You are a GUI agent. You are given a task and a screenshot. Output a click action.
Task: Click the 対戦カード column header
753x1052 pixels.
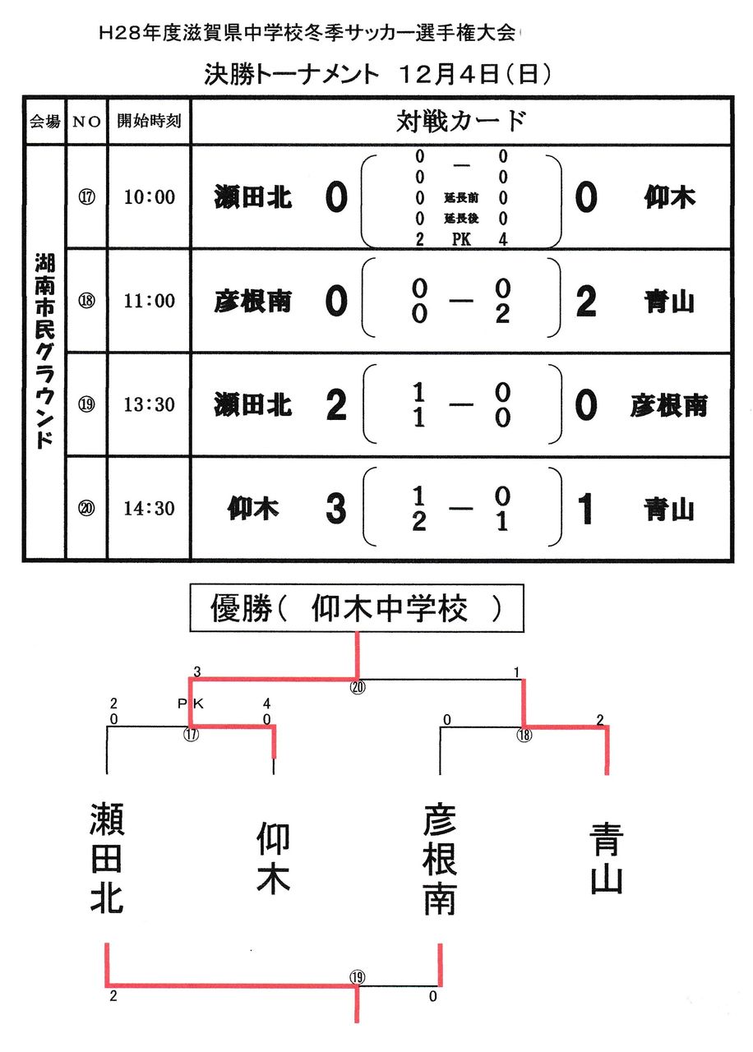[460, 122]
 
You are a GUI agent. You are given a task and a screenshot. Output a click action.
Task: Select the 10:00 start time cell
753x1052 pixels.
[149, 197]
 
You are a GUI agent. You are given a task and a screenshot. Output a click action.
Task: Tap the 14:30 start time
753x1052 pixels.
[149, 509]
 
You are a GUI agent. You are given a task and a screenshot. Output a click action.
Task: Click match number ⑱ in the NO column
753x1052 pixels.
[86, 301]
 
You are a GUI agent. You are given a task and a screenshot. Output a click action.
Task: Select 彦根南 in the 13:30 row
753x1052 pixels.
[668, 405]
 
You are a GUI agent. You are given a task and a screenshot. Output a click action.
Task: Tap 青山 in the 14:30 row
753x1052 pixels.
[669, 510]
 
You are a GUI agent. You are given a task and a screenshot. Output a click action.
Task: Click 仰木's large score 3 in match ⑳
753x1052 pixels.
[335, 510]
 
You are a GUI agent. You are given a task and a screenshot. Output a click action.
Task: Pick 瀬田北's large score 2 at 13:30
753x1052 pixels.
[335, 405]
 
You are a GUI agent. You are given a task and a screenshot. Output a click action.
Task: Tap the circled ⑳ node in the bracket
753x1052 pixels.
[357, 687]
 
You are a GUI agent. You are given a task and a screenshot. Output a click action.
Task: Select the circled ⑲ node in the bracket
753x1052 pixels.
[357, 977]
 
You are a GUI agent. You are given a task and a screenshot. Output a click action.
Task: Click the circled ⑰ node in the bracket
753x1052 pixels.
[191, 734]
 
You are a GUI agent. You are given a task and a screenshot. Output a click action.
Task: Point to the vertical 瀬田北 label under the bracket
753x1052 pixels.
[107, 858]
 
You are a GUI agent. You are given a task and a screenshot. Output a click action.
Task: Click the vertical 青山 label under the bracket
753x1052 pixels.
[607, 858]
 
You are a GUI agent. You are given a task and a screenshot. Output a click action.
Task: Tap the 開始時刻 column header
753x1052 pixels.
[149, 122]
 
